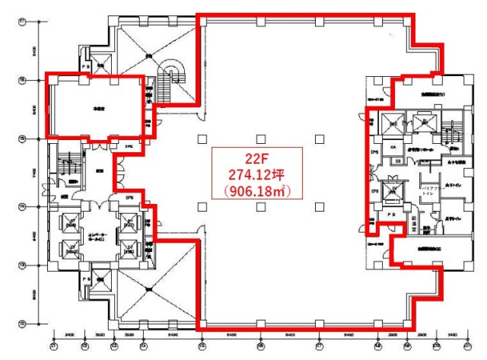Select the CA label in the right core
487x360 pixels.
(394, 147)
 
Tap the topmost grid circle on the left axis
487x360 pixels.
(21, 22)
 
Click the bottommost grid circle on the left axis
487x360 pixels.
(21, 323)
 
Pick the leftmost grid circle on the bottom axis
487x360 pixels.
(53, 346)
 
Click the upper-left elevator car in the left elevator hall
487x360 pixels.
(72, 224)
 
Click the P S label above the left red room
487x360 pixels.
(86, 66)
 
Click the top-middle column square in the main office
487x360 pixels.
(260, 139)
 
